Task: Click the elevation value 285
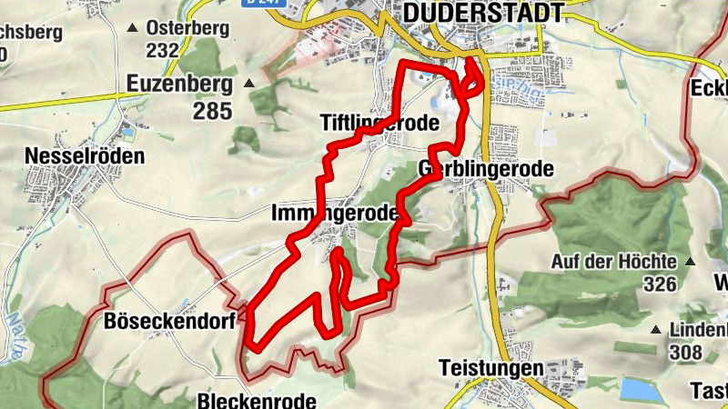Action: (x=212, y=111)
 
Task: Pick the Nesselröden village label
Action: (x=86, y=155)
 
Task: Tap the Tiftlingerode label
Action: (x=379, y=123)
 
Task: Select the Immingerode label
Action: (x=335, y=213)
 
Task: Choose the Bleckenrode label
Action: (x=257, y=400)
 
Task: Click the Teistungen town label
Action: (x=490, y=369)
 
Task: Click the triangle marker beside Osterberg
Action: (x=136, y=28)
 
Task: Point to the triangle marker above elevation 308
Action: (x=656, y=329)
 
